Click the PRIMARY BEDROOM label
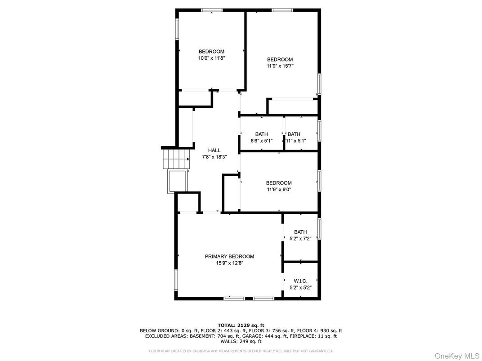click(x=229, y=256)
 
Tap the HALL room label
click(x=214, y=150)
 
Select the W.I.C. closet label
click(x=301, y=281)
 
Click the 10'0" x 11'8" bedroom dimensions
click(x=212, y=58)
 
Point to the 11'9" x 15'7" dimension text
click(x=280, y=66)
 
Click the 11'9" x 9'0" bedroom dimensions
click(x=279, y=190)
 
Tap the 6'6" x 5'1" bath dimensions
click(x=261, y=141)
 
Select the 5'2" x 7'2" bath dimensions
click(x=300, y=238)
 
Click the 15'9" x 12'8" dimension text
click(x=230, y=263)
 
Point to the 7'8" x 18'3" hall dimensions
click(x=214, y=157)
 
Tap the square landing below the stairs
click(x=177, y=181)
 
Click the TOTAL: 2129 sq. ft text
click(x=241, y=325)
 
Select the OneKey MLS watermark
click(x=457, y=356)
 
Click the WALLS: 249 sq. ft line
click(x=241, y=341)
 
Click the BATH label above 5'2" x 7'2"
click(x=300, y=232)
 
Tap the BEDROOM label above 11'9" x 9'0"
click(x=279, y=183)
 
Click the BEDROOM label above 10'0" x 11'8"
click(x=211, y=52)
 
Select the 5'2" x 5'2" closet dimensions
click(x=301, y=288)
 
